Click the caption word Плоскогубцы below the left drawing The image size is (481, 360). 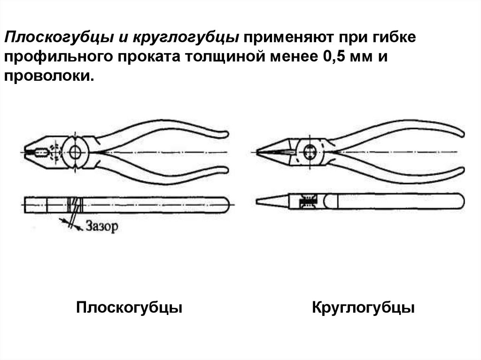[129, 308]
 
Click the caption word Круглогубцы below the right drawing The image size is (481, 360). [363, 308]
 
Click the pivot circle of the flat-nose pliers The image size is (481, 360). [75, 151]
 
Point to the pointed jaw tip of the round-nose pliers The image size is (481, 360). [259, 151]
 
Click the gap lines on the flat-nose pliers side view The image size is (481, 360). [75, 204]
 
